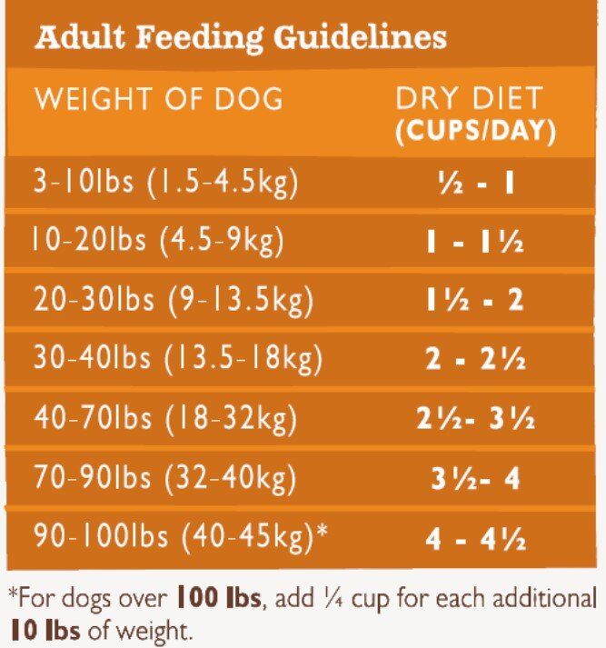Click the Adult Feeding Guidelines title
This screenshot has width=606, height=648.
click(241, 38)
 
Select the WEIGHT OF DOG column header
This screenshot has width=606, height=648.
click(159, 98)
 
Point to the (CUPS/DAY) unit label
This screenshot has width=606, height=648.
click(475, 131)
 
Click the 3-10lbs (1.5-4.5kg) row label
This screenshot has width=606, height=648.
click(166, 183)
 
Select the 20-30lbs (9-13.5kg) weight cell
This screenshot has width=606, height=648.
click(174, 300)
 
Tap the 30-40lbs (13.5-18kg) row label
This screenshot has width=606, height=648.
click(178, 360)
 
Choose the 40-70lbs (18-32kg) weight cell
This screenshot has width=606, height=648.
click(166, 419)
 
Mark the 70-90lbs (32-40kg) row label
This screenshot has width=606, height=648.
click(166, 478)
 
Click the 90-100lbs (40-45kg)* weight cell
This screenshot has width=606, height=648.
click(181, 537)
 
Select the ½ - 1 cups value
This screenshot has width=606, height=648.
click(475, 184)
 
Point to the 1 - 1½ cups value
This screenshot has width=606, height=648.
click(475, 244)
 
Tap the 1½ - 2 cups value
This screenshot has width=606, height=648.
click(475, 302)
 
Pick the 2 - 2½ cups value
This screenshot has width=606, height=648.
click(475, 361)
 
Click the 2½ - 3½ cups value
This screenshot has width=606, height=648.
click(475, 420)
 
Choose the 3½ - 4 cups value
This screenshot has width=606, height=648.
click(475, 479)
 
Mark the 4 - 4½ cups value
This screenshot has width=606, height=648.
click(475, 539)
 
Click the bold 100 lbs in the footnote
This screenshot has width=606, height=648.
click(220, 599)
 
